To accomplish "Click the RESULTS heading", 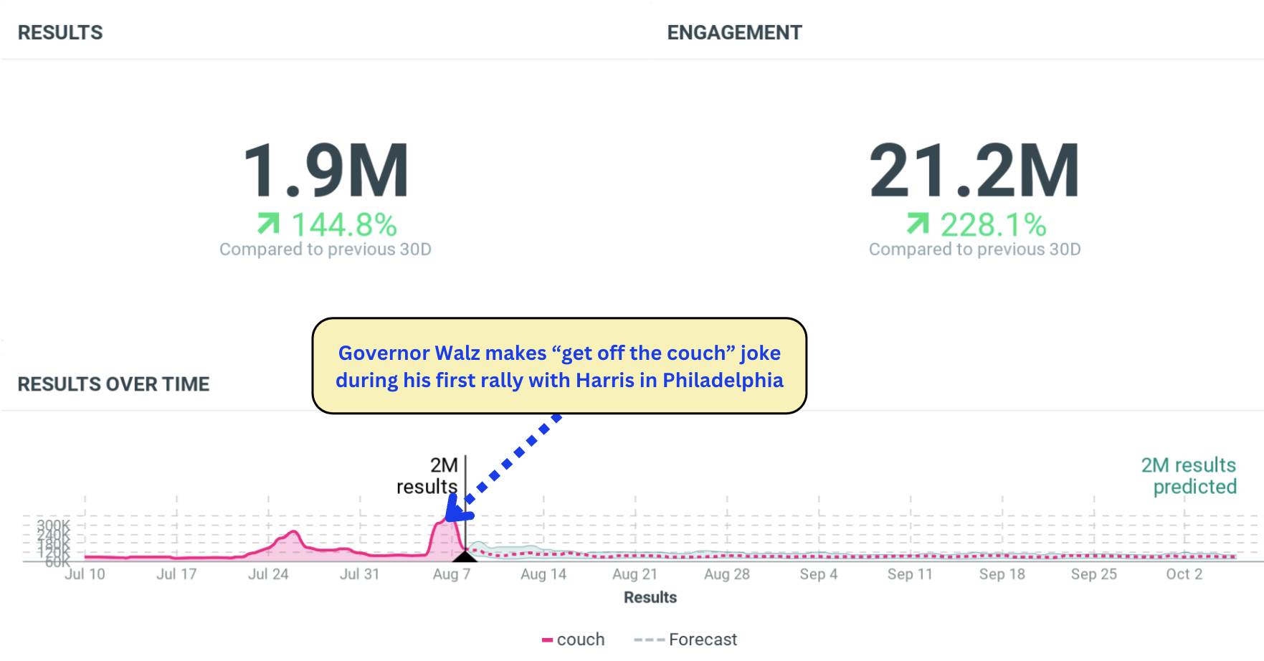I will click(60, 33).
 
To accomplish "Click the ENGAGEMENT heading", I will click(734, 33).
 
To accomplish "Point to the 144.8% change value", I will click(344, 225).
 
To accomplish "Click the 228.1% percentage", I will click(993, 225).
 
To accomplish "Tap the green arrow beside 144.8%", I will click(268, 224).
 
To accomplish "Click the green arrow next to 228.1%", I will click(917, 224).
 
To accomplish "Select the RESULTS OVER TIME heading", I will click(113, 384).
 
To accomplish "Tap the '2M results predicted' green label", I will click(1189, 475).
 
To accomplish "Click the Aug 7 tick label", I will click(452, 574).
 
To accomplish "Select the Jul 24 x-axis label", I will click(268, 574).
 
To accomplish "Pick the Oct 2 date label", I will click(1184, 574).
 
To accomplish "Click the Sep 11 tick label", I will click(910, 574).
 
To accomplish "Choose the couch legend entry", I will click(574, 639).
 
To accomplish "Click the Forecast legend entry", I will click(686, 639).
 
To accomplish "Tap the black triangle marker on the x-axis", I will click(465, 556).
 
